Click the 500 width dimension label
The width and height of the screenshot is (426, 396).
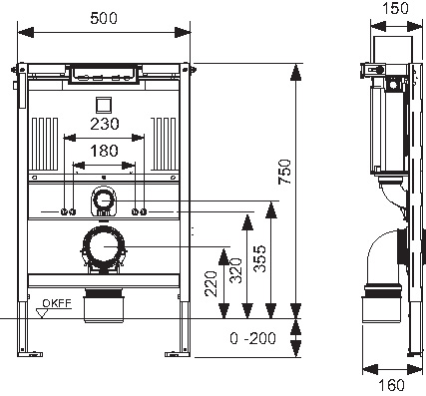(x=104, y=18)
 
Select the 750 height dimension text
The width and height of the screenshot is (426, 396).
(x=285, y=172)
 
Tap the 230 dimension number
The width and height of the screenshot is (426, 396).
(x=105, y=124)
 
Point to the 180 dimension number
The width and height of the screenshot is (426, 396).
(x=104, y=151)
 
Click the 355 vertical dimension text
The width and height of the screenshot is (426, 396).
(x=259, y=258)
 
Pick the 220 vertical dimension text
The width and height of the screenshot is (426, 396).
(x=211, y=283)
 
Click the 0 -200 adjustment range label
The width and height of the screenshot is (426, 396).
(x=252, y=338)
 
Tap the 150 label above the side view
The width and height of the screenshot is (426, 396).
(x=395, y=8)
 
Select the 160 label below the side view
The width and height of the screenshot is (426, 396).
(x=391, y=385)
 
